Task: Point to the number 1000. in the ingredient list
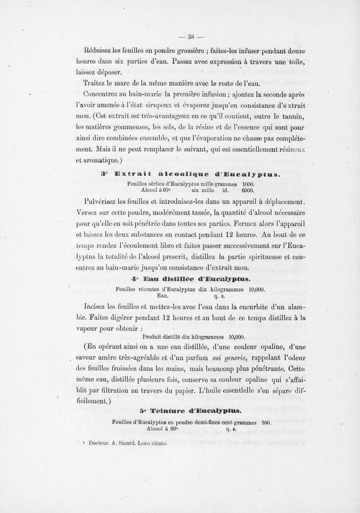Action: click(248, 183)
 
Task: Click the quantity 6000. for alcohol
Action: click(248, 190)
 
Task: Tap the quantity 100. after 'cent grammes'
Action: click(265, 423)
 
